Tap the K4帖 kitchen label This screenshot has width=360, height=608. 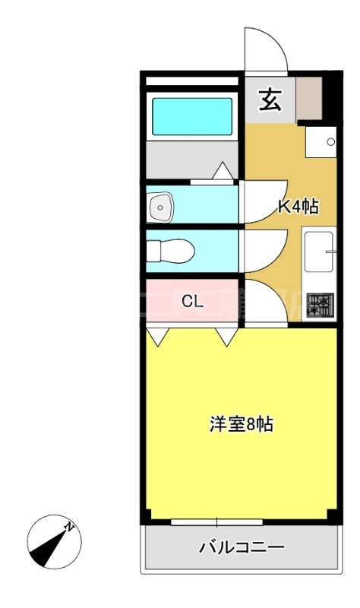point(296,206)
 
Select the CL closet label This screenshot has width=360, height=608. point(191,299)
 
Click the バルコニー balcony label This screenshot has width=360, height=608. point(241,546)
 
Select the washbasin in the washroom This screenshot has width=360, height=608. point(161,205)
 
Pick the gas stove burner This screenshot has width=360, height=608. point(320,306)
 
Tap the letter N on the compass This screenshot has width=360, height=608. point(69,526)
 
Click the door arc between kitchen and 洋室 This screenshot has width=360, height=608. point(266,302)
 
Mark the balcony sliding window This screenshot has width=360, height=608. point(216,522)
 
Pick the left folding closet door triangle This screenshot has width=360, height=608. point(158,337)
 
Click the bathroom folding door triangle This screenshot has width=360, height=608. point(223,173)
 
